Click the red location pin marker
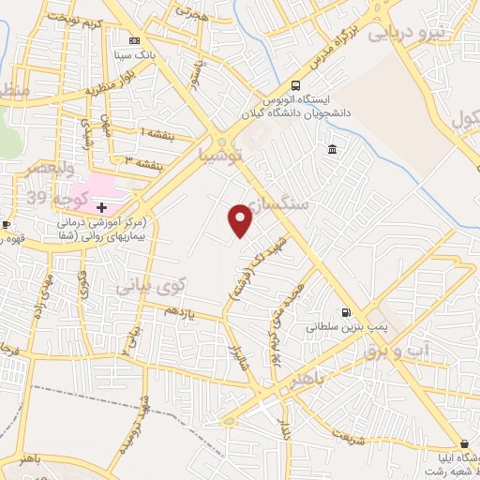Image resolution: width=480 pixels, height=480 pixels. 241,221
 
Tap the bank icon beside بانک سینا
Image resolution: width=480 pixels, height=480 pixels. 134,41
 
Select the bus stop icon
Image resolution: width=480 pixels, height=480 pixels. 296,82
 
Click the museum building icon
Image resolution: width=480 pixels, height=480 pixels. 333,150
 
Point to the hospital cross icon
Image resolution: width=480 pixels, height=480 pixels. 101,206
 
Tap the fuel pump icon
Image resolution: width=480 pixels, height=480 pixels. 346,313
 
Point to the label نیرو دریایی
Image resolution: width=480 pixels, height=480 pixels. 410,34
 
